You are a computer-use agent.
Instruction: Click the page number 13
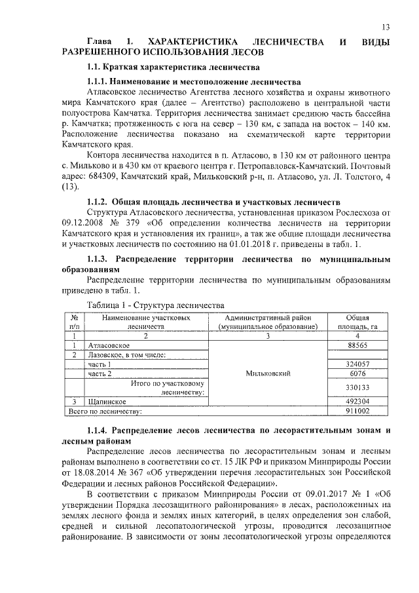[386, 26]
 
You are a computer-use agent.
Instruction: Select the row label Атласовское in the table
[109, 345]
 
